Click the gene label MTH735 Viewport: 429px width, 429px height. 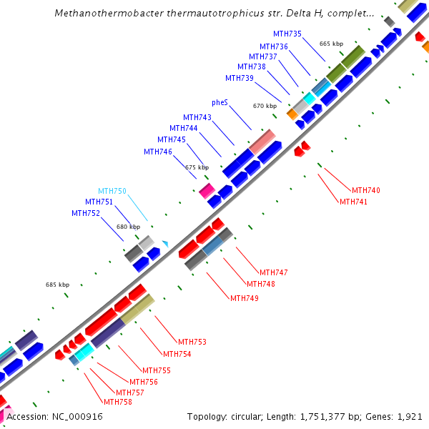[287, 34]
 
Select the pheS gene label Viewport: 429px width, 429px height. [220, 102]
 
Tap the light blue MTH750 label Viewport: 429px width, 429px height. [112, 191]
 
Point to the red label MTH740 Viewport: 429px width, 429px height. [365, 190]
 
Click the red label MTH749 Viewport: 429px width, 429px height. [244, 298]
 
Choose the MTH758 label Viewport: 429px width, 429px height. [117, 402]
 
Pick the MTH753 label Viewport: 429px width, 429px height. [192, 342]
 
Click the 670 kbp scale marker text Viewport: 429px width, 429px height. [265, 106]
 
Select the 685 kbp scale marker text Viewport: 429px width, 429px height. [57, 285]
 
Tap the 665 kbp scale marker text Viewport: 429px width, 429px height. [331, 44]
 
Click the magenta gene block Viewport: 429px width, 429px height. [207, 190]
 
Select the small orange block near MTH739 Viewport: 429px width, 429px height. [292, 114]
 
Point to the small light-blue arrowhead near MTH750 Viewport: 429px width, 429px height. [165, 244]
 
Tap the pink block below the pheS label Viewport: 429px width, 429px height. [262, 142]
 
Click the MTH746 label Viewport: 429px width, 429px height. [157, 152]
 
